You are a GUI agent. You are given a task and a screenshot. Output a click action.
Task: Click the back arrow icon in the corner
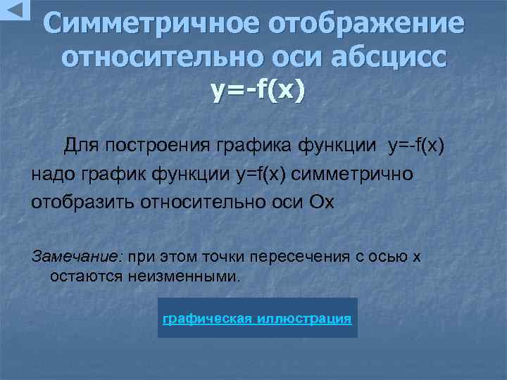(15, 10)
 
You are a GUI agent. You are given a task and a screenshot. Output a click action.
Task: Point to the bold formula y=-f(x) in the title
(258, 90)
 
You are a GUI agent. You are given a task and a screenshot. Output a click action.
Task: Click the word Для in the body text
(81, 146)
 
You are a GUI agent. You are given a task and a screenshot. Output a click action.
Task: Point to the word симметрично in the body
(353, 173)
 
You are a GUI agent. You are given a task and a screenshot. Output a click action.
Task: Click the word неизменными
(185, 275)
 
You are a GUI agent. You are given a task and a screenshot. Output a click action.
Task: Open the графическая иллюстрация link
(257, 318)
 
